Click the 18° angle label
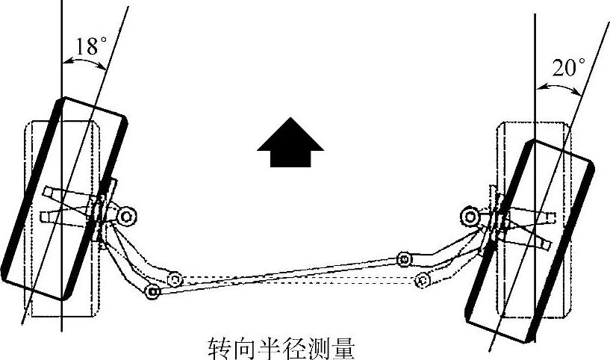(x=87, y=46)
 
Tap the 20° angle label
(x=569, y=68)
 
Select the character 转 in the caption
(x=217, y=347)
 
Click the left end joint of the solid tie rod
(x=152, y=291)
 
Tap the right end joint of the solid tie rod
(x=404, y=259)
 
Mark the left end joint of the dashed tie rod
(x=175, y=279)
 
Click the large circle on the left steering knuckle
(x=125, y=217)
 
